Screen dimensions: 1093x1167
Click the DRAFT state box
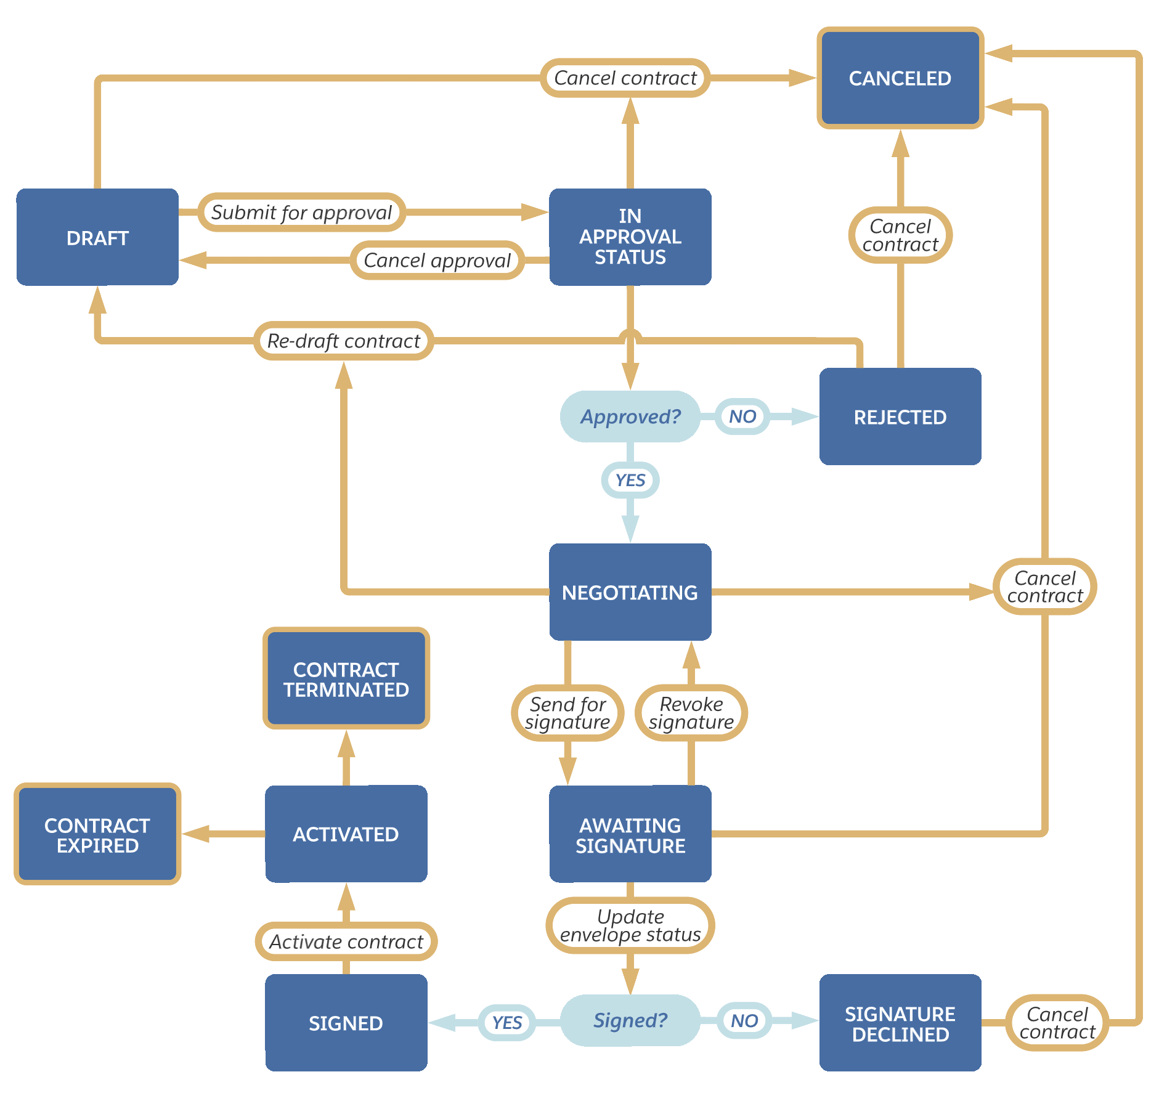97,237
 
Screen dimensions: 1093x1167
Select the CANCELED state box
900,78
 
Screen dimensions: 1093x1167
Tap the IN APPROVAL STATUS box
630,237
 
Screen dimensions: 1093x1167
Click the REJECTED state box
900,416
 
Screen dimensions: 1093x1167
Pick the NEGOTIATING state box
630,591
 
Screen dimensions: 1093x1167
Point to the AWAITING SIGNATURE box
630,834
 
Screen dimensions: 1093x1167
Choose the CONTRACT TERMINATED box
346,678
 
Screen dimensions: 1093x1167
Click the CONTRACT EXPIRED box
97,834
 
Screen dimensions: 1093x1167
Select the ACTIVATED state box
346,834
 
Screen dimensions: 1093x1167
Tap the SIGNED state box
346,1023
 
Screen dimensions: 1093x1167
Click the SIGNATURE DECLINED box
900,1023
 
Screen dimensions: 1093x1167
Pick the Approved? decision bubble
630,416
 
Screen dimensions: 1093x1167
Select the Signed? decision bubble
630,1020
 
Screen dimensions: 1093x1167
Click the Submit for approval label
301,213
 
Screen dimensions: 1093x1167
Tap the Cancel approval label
437,260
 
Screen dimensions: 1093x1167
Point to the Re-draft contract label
343,341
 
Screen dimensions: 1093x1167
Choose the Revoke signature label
691,713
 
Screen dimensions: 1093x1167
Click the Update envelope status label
630,925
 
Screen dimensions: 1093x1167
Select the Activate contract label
346,941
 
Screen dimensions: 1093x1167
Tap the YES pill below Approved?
630,480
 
